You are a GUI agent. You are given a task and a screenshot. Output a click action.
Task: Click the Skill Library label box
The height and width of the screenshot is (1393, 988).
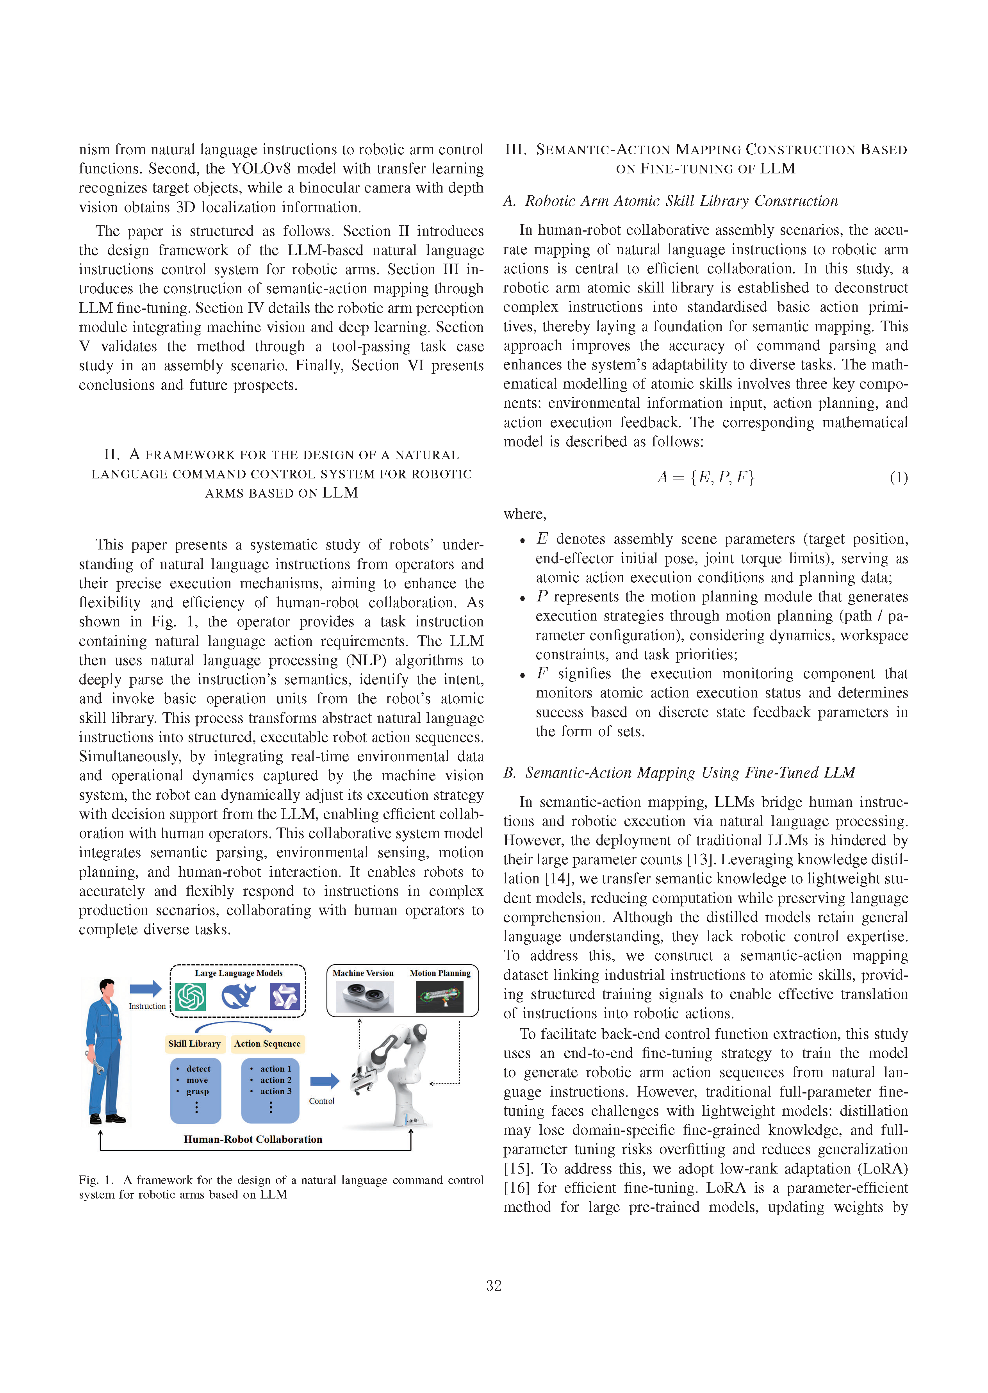[x=195, y=1044]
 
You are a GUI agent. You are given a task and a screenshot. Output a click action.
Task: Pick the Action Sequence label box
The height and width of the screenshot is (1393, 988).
[x=268, y=1044]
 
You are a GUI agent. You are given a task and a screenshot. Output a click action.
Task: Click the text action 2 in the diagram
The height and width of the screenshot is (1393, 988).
[x=276, y=1080]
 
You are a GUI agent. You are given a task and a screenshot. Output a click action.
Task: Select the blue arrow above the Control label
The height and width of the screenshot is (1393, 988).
[x=324, y=1081]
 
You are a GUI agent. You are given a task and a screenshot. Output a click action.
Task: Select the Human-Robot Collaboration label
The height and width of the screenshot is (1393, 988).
[x=253, y=1139]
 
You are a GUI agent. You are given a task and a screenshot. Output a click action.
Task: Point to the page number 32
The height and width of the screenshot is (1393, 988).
[x=493, y=1285]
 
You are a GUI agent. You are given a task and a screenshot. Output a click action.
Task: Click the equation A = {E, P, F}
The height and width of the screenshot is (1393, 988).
[x=705, y=478]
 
